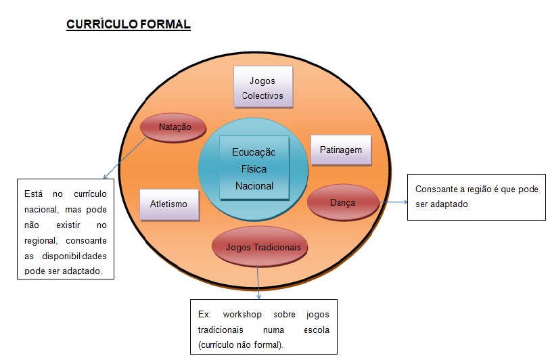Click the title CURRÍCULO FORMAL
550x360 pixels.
[129, 24]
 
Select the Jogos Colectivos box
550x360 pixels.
[263, 87]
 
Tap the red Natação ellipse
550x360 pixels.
[173, 127]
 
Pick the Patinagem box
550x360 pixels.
[341, 150]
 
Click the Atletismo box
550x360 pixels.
[169, 204]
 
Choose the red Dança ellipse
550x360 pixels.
[343, 202]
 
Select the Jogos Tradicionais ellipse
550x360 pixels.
[260, 247]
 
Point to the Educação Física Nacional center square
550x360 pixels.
[254, 168]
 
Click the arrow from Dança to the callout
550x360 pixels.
[393, 202]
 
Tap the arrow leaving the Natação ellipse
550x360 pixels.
[125, 158]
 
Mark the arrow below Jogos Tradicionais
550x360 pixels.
[258, 282]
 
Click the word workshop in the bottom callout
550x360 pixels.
[242, 315]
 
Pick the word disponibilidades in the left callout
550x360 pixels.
[74, 256]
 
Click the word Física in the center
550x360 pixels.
[254, 169]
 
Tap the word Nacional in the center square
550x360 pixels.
[254, 186]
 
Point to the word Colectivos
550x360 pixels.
[262, 95]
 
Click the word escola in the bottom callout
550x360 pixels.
[317, 330]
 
